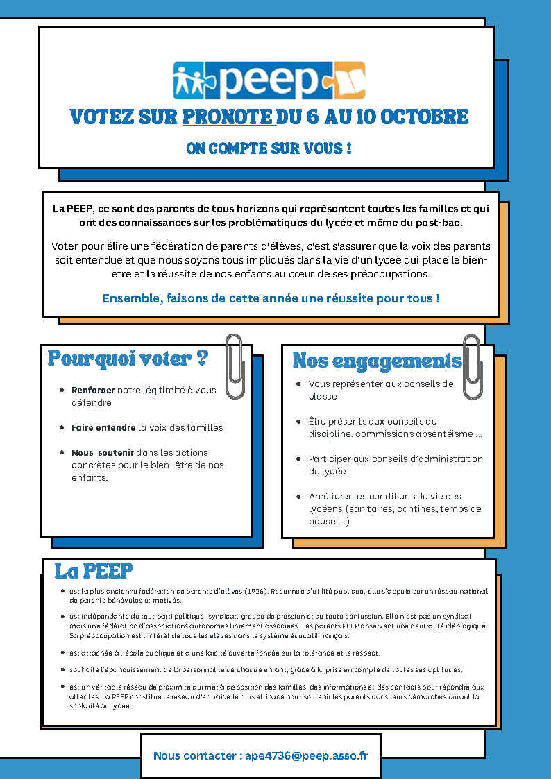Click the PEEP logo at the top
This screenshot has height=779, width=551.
point(269,80)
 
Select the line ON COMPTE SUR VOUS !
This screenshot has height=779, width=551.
point(269,148)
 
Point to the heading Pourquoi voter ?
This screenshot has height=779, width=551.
point(128,359)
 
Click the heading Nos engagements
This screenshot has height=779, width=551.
point(377,361)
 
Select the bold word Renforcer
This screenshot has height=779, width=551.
point(93,390)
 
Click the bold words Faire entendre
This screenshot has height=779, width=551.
point(103,427)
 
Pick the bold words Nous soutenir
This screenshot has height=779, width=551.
point(103,452)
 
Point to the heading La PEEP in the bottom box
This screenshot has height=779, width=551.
point(94,571)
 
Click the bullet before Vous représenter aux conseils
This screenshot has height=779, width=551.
point(298,384)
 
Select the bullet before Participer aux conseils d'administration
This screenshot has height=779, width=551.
point(298,459)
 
